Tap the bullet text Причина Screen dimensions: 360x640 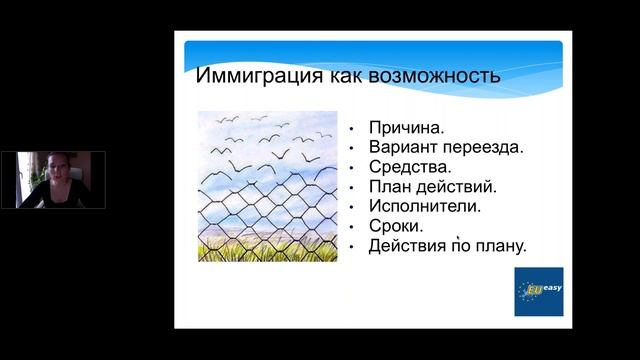(x=407, y=129)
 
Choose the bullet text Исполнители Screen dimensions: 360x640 (x=425, y=206)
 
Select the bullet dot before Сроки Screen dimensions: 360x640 (x=354, y=226)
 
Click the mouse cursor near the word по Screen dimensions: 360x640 (x=458, y=237)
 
